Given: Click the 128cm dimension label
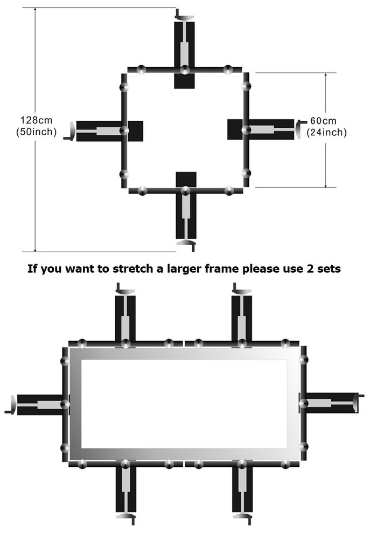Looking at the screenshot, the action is [37, 120].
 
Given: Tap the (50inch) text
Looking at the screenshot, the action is [37, 132].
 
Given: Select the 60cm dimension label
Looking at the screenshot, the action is [323, 121].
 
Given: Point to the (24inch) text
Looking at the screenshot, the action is [326, 133].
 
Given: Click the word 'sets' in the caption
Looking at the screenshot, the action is [329, 269].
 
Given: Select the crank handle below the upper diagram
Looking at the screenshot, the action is [186, 244].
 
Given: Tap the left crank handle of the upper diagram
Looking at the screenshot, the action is [69, 132].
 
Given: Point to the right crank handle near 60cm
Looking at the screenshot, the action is [300, 129].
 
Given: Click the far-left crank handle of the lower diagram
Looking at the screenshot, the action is [11, 405].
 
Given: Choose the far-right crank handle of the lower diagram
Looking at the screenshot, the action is [359, 403].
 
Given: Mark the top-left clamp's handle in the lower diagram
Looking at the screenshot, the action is [125, 289].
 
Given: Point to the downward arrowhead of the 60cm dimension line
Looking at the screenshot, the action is [326, 184].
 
